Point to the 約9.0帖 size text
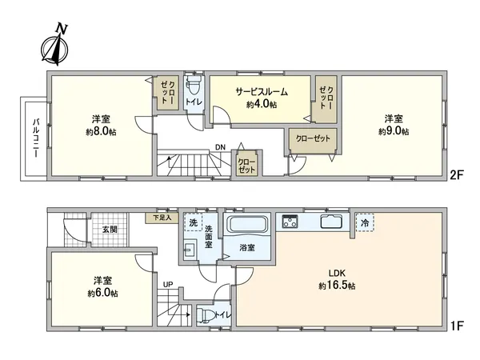(x=394, y=130)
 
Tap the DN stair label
(x=219, y=147)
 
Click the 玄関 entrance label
(x=109, y=230)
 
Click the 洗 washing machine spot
(x=192, y=222)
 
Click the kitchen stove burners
(x=289, y=221)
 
